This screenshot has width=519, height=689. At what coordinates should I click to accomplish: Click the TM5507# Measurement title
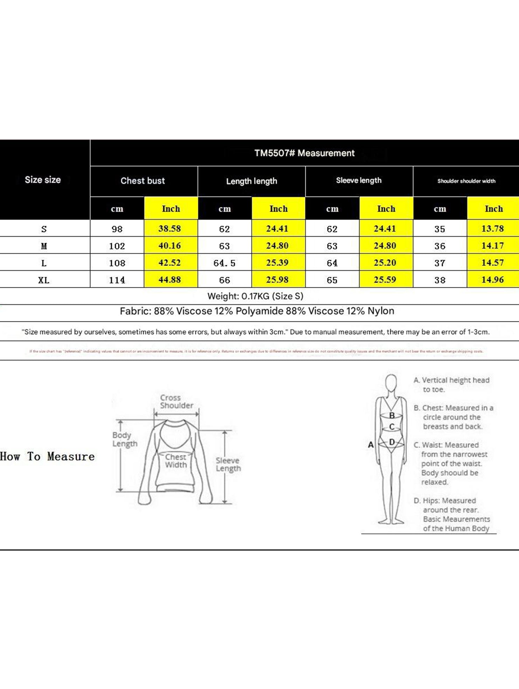(304, 153)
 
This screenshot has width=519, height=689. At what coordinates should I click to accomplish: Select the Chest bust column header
(143, 181)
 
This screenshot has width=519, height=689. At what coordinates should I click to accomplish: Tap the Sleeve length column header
(359, 180)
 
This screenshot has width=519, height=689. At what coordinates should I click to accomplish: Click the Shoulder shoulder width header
(466, 181)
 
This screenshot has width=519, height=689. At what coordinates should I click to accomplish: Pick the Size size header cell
(43, 180)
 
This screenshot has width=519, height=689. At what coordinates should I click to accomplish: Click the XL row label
(44, 280)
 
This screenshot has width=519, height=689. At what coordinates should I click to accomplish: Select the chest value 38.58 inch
(170, 229)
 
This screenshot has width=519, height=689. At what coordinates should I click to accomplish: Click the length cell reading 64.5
(224, 263)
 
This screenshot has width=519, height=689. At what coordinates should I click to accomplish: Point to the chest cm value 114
(117, 280)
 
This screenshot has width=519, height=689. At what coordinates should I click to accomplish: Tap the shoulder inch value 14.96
(492, 280)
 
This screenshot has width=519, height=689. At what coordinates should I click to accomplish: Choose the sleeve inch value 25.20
(385, 263)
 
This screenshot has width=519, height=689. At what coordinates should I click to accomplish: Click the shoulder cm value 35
(440, 229)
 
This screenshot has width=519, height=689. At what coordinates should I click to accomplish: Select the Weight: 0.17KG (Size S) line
(255, 296)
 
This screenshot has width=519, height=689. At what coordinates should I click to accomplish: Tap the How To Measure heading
(48, 456)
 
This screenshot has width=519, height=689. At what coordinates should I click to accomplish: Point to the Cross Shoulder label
(177, 402)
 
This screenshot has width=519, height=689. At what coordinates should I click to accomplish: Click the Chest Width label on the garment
(176, 461)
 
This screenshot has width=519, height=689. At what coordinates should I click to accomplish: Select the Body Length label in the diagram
(125, 439)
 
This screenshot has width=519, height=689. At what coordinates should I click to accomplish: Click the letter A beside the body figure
(371, 445)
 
